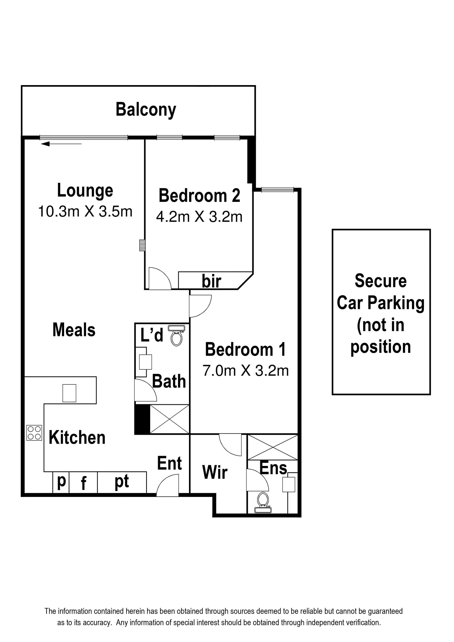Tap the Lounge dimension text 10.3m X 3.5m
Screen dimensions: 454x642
coord(85,211)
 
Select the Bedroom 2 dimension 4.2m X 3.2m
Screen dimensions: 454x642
coord(199,217)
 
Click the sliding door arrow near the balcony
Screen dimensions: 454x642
coord(61,144)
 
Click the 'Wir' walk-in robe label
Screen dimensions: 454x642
coord(215,472)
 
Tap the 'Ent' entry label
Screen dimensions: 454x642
coord(170,463)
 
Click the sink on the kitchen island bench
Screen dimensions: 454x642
coord(69,393)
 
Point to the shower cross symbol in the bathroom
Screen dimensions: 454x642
coord(170,419)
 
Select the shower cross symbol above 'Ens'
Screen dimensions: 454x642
coord(273,447)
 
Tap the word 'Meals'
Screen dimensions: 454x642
coord(74,330)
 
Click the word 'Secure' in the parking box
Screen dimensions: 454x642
coord(380,281)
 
